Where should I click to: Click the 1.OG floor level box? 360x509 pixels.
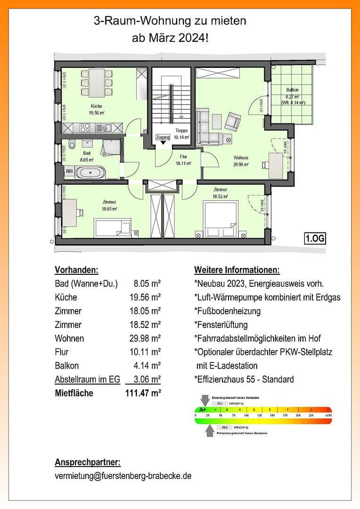coord(315,238)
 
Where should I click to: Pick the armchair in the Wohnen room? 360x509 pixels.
coord(232,122)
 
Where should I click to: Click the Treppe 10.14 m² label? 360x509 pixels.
coord(181,134)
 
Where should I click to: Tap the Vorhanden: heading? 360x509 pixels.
coord(76,270)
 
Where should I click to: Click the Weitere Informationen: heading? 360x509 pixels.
coord(237,270)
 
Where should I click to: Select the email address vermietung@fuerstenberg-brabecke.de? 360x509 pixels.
coord(123,476)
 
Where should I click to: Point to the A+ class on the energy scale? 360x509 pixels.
coord(204,410)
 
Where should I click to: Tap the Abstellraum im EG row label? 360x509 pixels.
coord(87,379)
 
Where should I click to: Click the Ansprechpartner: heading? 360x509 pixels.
coord(88,461)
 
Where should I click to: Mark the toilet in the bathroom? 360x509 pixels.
coord(71,145)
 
